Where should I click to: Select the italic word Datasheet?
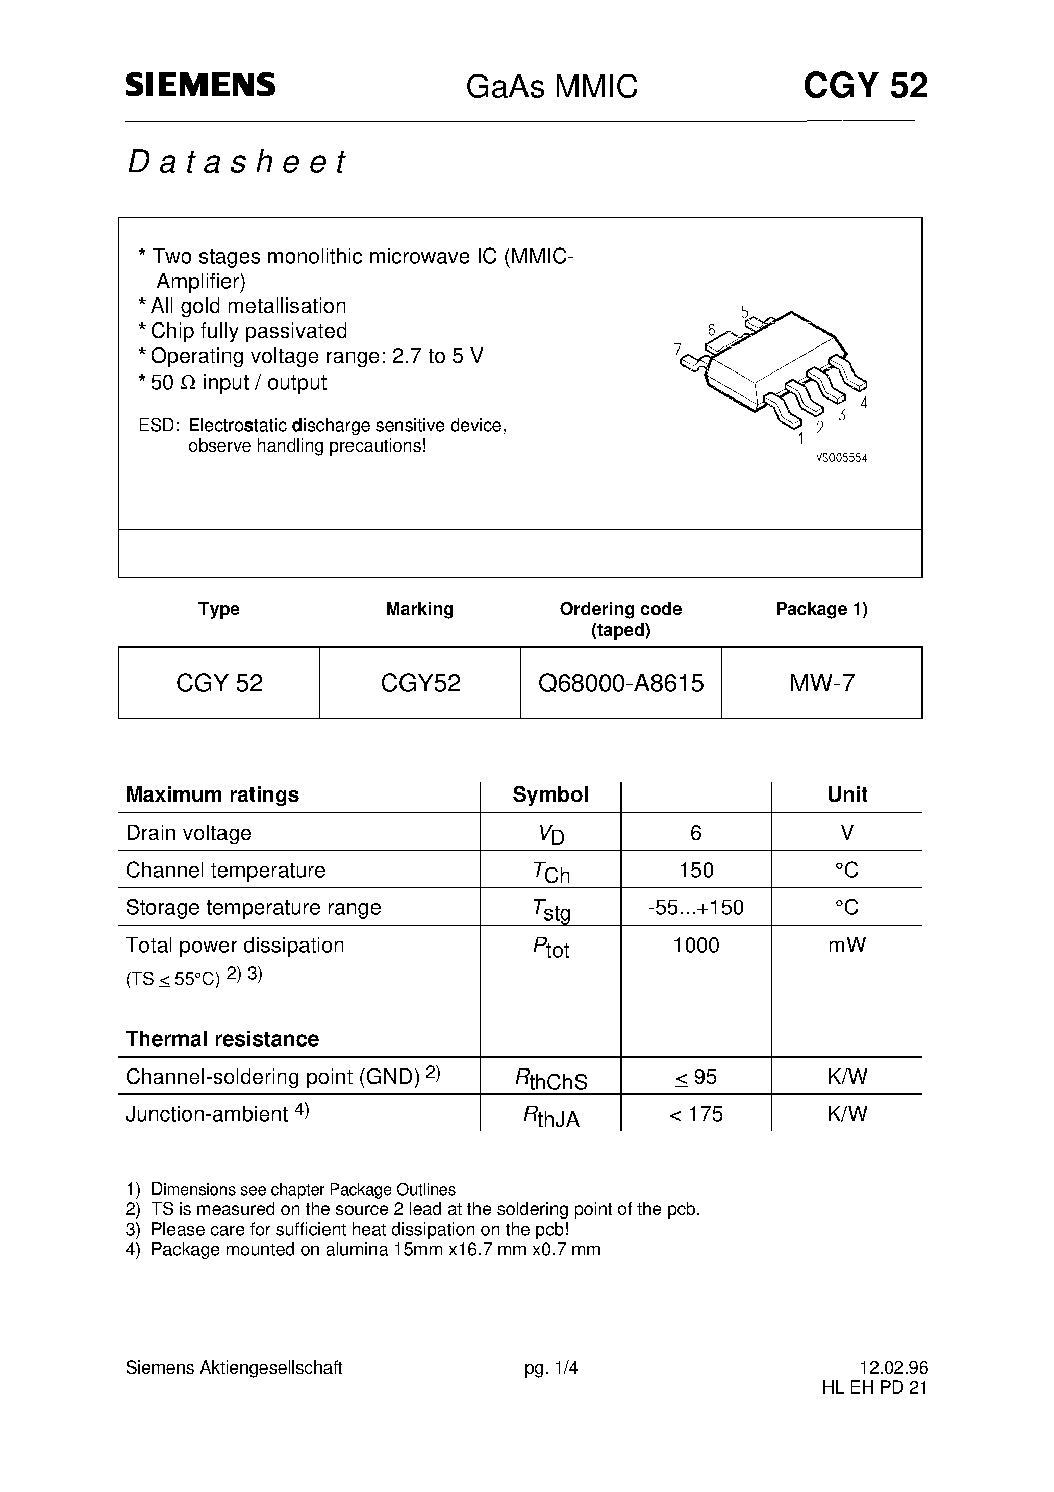[x=237, y=162]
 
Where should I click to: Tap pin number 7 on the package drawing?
[x=678, y=349]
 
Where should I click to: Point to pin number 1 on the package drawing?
[x=800, y=439]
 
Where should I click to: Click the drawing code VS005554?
[x=841, y=458]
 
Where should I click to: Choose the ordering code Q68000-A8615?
[x=620, y=683]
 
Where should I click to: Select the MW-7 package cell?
[x=821, y=683]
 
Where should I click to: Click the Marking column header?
[x=419, y=609]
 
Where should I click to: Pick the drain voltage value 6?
[x=696, y=832]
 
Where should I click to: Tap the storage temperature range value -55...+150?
[x=696, y=907]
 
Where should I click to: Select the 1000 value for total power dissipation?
[x=696, y=945]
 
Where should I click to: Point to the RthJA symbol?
[x=550, y=1116]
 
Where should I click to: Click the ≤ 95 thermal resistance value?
[x=696, y=1077]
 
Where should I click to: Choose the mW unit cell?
[x=847, y=945]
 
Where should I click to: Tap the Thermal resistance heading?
[x=222, y=1038]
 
